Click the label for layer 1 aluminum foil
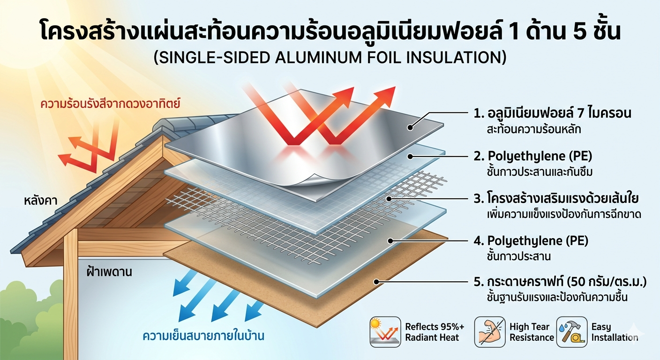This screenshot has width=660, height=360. coord(553,113)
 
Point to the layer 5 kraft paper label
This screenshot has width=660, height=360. coord(560,282)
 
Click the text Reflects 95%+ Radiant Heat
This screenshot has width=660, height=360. coord(432,332)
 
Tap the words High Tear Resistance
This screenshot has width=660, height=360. coord(531,332)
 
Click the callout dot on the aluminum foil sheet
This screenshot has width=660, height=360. coord(410,126)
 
